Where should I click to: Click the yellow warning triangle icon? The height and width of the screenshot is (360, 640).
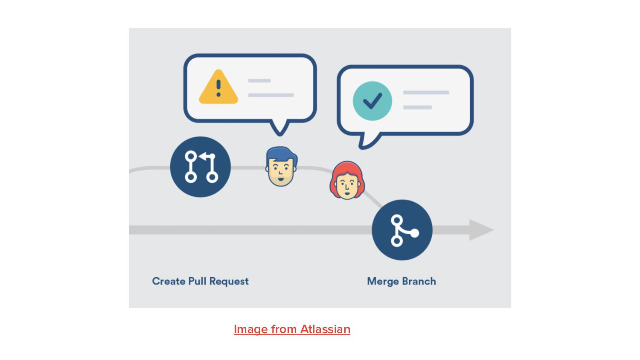pos(218,88)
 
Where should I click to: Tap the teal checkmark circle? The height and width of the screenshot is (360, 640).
pos(372,101)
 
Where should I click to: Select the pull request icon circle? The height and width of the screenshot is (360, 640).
pos(200,167)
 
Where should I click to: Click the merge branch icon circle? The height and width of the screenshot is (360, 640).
pos(402,230)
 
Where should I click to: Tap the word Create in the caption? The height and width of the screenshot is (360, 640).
pos(169,281)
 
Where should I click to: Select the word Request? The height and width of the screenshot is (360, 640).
pos(229,282)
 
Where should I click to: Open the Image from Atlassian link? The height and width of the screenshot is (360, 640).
pos(292,329)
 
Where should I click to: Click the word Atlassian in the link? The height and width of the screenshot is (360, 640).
pos(325,329)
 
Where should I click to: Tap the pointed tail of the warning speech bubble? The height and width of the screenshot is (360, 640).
pos(280,129)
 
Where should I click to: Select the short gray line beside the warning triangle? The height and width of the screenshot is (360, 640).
pos(259,81)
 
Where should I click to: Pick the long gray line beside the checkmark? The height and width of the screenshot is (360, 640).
pos(426,93)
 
